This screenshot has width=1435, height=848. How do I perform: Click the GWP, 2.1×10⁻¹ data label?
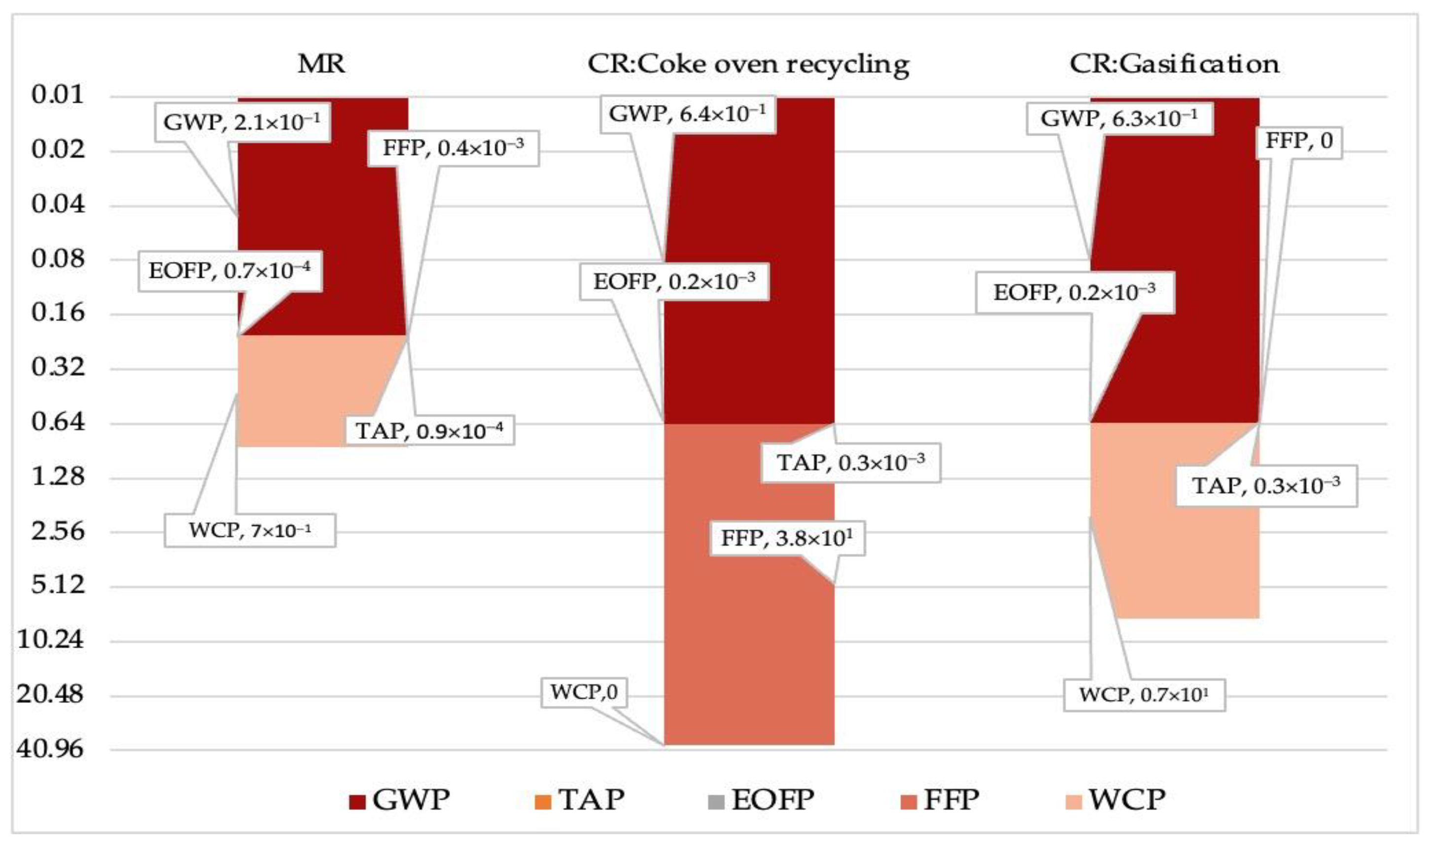tap(242, 122)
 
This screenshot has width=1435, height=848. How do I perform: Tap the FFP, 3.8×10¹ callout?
tap(787, 538)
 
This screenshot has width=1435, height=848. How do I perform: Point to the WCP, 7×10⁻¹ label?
tap(249, 530)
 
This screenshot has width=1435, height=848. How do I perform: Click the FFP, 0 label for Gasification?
tap(1299, 141)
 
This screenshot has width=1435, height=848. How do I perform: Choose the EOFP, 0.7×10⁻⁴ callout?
tap(230, 270)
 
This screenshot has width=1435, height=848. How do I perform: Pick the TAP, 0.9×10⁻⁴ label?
tap(429, 430)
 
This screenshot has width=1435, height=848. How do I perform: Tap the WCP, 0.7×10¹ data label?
tap(1144, 695)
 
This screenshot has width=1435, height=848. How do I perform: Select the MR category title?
tap(321, 64)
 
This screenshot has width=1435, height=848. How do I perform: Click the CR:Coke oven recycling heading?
tap(748, 64)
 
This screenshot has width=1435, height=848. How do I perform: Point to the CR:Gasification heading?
tap(1175, 64)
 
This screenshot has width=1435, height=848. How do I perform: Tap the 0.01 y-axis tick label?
tap(58, 95)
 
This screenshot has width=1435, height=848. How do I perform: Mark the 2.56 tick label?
tap(58, 531)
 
